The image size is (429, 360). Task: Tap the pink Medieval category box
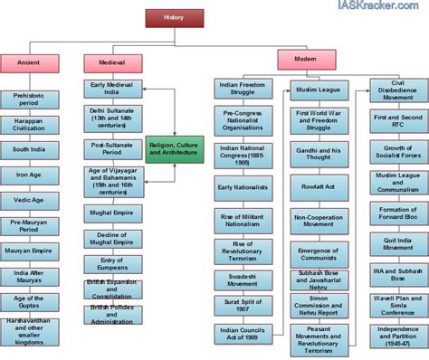tap(113, 64)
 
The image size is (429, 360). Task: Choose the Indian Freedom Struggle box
tap(242, 87)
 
